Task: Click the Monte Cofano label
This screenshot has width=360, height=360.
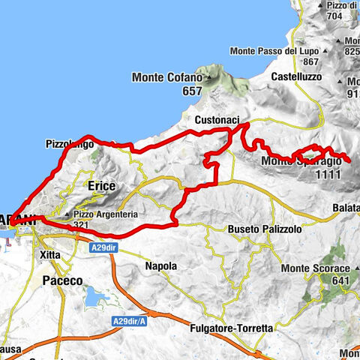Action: [x=170, y=77]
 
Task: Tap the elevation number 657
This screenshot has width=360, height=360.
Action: [x=172, y=91]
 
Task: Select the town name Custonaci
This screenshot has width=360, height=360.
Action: [x=216, y=120]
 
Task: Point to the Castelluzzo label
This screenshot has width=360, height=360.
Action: [x=295, y=76]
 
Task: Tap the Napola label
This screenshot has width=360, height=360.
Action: [x=160, y=265]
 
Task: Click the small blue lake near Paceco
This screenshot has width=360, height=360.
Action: [x=94, y=299]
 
